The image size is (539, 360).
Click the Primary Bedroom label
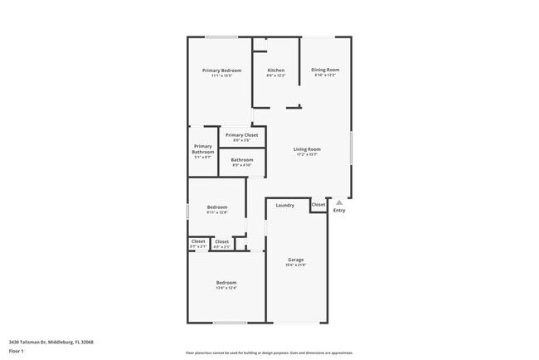pos(222,71)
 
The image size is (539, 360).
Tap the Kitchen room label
pos(276,71)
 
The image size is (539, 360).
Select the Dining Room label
pos(325,70)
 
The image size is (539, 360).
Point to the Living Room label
pos(307,149)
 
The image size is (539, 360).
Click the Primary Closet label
pos(241,135)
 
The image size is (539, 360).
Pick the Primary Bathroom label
pos(203,150)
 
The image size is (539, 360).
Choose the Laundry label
pos(285,205)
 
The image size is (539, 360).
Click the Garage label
pos(295,260)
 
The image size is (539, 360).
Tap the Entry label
pos(338,211)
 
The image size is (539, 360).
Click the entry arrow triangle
pos(338,202)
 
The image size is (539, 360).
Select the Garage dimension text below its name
pos(295,265)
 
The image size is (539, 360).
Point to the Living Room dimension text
pos(307,155)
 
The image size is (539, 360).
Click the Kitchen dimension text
pos(276,76)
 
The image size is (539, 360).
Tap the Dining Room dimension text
pos(325,75)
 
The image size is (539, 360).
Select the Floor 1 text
pos(17,351)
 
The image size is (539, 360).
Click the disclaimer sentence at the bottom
pos(269,353)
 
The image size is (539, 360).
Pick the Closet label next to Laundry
pos(318,204)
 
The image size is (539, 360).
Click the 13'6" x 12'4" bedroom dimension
pos(226,288)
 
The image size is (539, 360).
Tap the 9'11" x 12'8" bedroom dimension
pos(216,213)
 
